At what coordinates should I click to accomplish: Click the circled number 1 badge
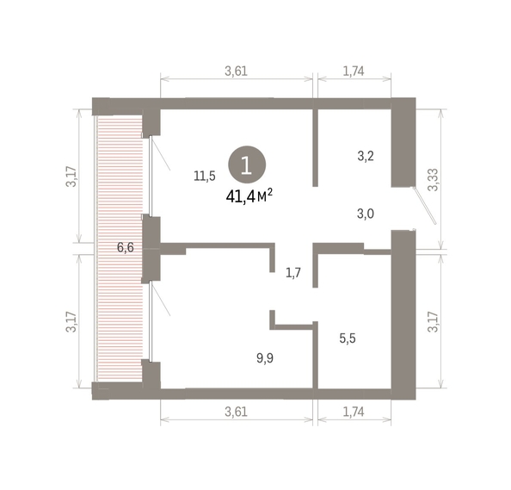click(247, 164)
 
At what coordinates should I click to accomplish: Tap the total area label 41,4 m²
click(249, 196)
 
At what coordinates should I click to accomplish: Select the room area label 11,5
click(205, 177)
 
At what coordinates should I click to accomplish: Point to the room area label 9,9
click(265, 358)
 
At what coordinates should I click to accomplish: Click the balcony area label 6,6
click(126, 248)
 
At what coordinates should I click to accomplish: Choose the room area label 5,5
click(348, 338)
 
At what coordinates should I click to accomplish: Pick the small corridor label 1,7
click(293, 273)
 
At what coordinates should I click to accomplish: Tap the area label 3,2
click(366, 156)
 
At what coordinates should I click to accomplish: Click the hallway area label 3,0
click(366, 214)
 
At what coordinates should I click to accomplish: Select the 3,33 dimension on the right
click(434, 180)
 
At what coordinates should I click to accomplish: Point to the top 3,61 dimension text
click(237, 71)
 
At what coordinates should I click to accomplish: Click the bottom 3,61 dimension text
click(237, 412)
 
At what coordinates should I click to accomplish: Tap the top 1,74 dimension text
click(354, 71)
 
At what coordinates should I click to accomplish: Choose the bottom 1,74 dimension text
click(354, 412)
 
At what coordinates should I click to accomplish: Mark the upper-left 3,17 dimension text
click(71, 177)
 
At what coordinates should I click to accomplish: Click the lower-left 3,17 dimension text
click(71, 322)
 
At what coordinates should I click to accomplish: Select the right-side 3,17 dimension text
click(434, 322)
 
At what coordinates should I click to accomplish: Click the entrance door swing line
click(425, 206)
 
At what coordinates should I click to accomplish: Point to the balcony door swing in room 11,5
click(160, 153)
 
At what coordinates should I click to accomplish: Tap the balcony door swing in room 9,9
click(160, 299)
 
